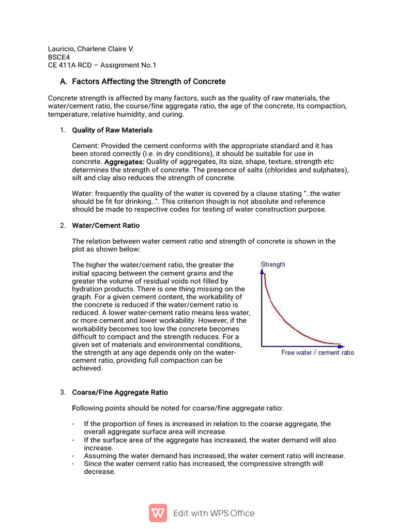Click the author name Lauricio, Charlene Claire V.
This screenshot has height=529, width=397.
tap(91, 49)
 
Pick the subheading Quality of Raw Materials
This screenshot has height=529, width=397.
tap(112, 130)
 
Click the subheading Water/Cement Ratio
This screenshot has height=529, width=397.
tap(105, 226)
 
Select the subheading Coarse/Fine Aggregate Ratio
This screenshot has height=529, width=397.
tap(119, 393)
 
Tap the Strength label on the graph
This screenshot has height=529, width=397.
tap(273, 264)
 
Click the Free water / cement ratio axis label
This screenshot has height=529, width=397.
tap(317, 352)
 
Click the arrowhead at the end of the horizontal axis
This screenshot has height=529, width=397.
tap(341, 345)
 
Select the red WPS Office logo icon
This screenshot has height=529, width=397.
tap(158, 512)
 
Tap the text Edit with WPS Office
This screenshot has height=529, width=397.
tap(214, 513)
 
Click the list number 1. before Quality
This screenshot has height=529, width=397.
tap(62, 130)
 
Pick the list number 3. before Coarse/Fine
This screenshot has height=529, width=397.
tap(62, 393)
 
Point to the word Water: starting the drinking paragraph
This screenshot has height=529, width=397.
tap(83, 193)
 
